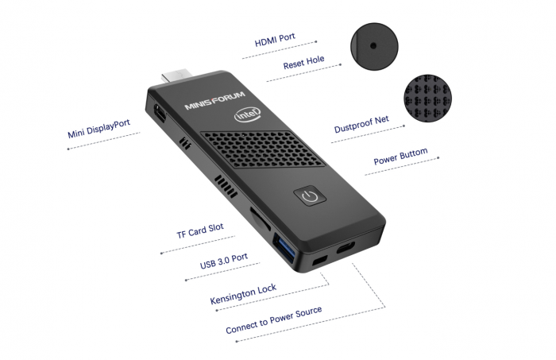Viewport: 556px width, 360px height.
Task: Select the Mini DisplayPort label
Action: (98, 130)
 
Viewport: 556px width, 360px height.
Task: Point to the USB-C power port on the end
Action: (348, 249)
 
